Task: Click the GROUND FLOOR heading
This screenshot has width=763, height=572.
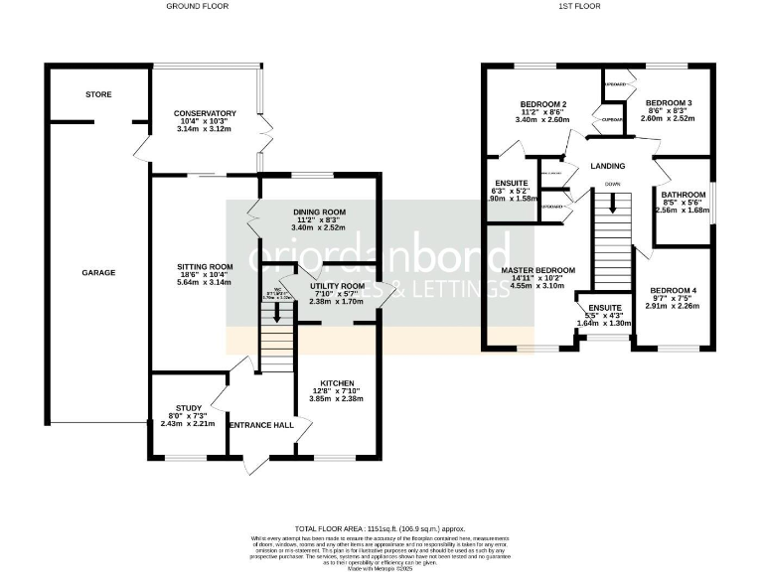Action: pos(197,6)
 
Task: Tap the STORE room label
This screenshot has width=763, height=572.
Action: pos(98,94)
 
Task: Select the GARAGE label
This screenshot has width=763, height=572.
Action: pos(98,272)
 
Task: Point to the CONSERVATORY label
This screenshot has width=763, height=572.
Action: pos(204,113)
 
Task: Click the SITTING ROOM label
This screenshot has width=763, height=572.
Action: pos(204,266)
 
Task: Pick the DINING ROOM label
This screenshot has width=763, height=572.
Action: pos(318,212)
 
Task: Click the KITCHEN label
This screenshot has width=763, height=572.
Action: pos(337,382)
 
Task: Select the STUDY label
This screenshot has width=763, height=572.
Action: pos(188,407)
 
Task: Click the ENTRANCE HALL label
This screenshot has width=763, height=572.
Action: pos(261,425)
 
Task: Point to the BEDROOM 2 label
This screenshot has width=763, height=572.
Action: pos(543,104)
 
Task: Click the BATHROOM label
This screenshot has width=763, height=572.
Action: pos(684,195)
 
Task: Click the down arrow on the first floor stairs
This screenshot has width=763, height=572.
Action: pos(613,204)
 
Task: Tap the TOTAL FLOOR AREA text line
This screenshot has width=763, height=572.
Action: pos(381,529)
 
